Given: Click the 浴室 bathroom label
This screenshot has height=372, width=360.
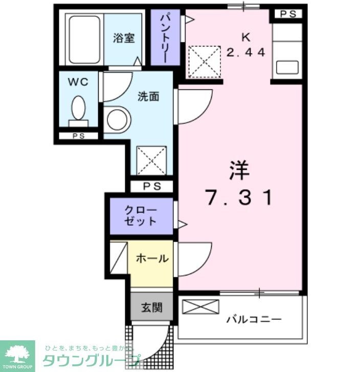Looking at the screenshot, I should point(124,38).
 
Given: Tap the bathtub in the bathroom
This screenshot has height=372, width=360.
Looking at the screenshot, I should point(84,40).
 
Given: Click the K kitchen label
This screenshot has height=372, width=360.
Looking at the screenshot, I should point(246,36).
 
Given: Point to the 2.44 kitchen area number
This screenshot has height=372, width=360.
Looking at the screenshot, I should point(246,52).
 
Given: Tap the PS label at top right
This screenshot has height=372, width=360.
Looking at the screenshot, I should point(288,14).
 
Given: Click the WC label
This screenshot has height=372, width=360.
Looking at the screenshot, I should point(78,81).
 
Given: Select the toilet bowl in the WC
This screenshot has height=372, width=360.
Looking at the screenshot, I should point(78,108).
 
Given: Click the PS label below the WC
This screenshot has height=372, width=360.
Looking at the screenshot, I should point(78,136).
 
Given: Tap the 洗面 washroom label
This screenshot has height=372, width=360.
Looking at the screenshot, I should point(148,96).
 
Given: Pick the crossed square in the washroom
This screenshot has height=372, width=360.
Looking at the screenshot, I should point(151,160).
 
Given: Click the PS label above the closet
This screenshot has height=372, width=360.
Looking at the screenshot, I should point(151,187).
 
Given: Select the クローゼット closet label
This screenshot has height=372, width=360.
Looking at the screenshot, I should point(141,216).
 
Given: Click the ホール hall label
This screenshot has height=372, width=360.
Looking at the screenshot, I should point(152,259).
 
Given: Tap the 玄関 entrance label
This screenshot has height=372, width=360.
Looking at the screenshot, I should point(152,308).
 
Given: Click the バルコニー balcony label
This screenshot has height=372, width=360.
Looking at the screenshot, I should point(254,320).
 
